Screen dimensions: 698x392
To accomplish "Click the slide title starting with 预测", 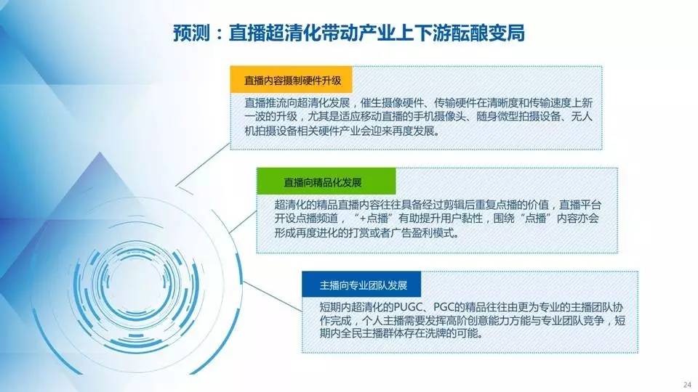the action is tap(349, 33).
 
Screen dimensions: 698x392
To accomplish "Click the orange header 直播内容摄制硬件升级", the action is tap(292, 81).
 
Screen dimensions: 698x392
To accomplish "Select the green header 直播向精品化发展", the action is tap(323, 182).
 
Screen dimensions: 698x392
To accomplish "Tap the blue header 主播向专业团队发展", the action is tap(364, 285).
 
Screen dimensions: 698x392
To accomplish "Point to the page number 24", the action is tap(687, 385).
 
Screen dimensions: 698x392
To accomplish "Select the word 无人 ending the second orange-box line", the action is tap(582, 117).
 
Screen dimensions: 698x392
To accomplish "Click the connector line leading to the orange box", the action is tap(203, 164).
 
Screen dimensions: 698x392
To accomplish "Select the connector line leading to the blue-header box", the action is tap(273, 296).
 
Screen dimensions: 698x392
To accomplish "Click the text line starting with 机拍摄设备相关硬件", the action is tap(342, 131).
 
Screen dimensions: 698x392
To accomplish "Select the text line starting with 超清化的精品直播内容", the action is tap(438, 205).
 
